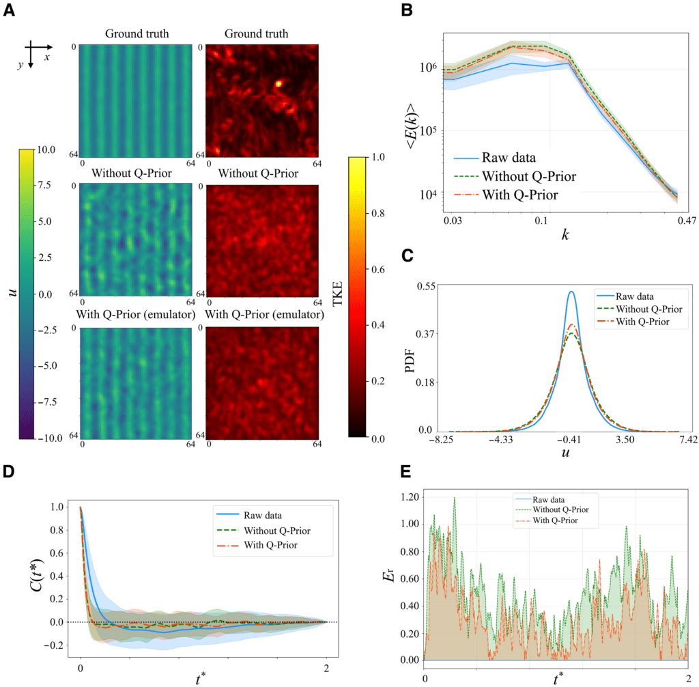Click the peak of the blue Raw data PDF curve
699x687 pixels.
571,292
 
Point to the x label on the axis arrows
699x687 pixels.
47,58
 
